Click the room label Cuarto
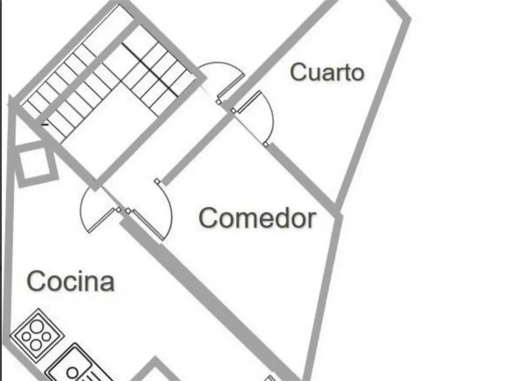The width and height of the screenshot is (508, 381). click(327, 72)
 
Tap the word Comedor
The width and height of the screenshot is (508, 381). click(257, 218)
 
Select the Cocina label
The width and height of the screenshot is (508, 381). click(71, 281)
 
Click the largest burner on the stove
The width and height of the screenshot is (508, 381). click(37, 326)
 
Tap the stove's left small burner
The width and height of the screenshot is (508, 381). click(26, 337)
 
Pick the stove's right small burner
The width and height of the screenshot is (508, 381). click(47, 337)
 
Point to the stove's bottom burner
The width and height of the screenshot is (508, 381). click(36, 345)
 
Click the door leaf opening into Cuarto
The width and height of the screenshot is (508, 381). click(249, 102)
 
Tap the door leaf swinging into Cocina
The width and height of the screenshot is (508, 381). click(101, 220)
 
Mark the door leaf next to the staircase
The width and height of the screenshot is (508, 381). click(231, 85)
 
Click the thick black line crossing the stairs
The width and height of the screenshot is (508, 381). click(150, 70)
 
